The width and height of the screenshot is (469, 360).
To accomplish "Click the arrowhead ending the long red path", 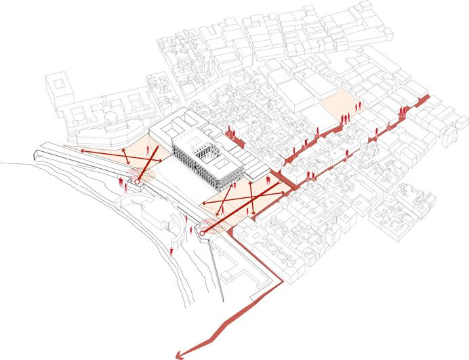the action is (177, 353).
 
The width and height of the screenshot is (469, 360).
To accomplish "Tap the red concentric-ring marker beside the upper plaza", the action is (139, 180).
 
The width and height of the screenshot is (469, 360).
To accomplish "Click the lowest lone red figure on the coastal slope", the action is (173, 252).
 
